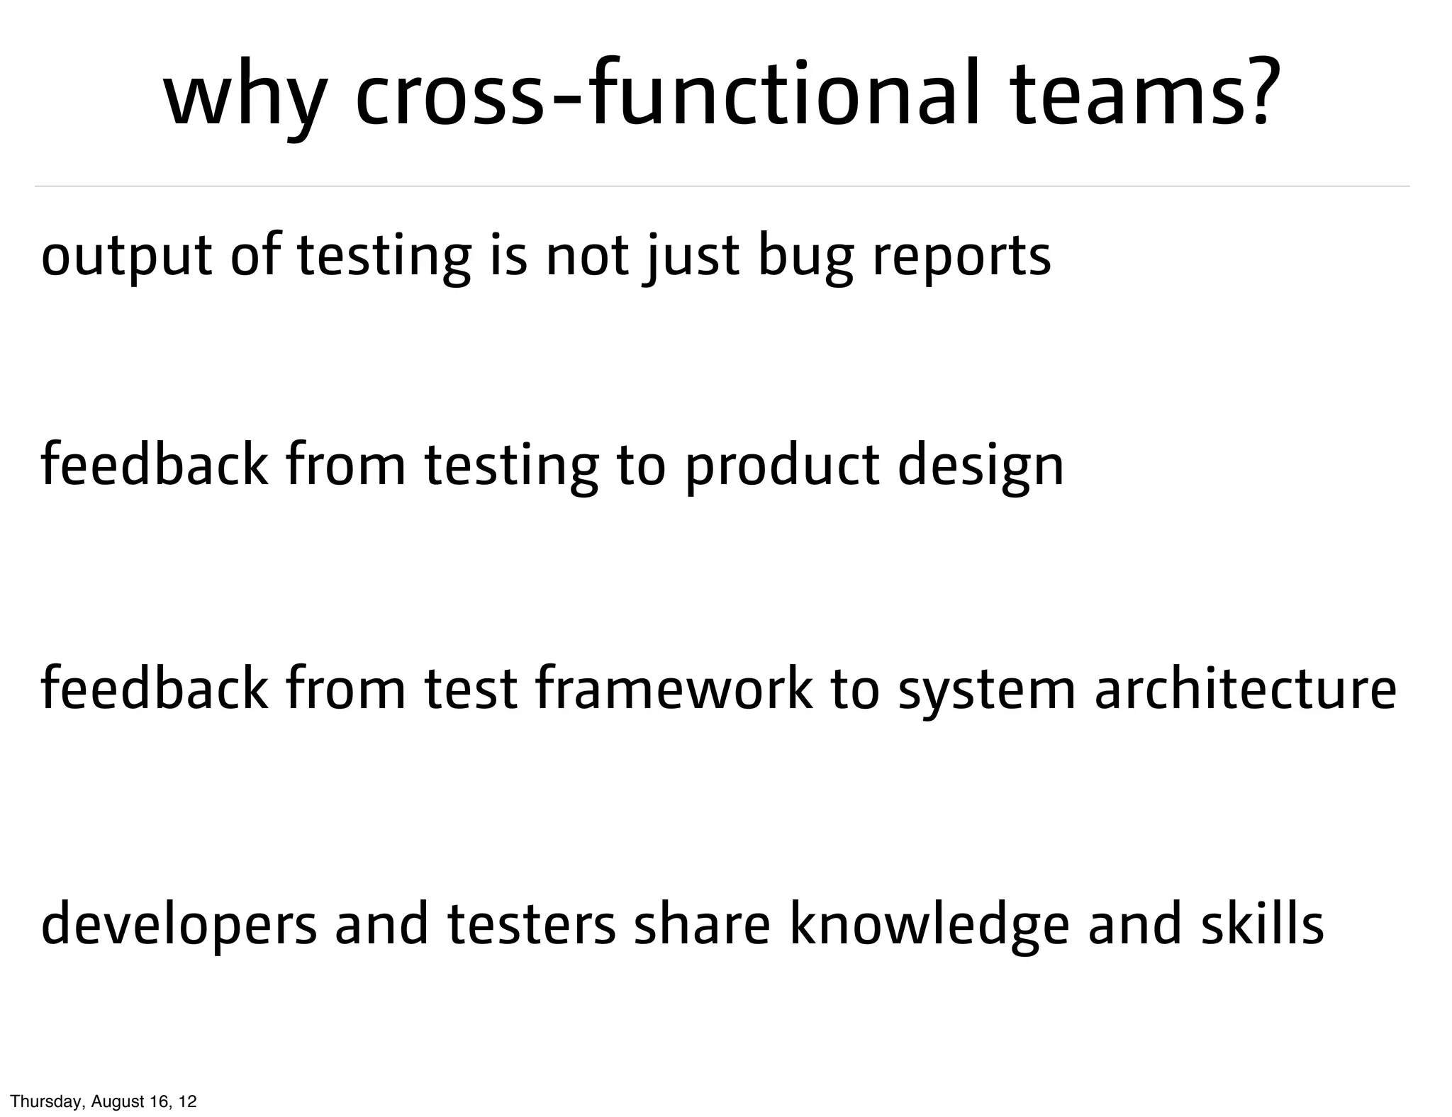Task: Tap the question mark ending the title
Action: (1265, 92)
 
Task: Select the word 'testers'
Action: (532, 925)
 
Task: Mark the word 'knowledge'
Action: (929, 925)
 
